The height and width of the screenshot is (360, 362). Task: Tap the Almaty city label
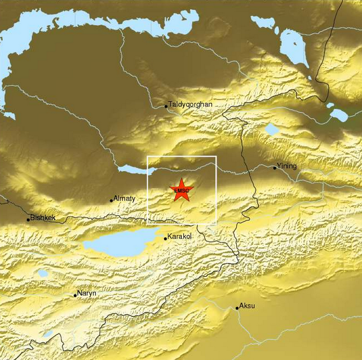[125, 198]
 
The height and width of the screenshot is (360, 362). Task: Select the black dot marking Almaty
[112, 201]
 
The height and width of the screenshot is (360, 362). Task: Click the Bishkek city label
[43, 218]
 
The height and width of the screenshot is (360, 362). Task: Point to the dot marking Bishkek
[29, 220]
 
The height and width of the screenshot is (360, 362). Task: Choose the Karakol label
[179, 237]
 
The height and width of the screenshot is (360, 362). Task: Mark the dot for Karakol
[165, 238]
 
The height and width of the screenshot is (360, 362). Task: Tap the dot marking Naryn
[76, 295]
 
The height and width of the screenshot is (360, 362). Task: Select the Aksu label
[248, 306]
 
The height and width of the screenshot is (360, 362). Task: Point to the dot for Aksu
[237, 308]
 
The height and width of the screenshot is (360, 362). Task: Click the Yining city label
[287, 166]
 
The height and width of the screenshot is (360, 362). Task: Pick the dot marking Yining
[275, 168]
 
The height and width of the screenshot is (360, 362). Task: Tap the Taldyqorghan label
[190, 105]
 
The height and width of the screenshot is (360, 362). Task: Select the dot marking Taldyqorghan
[166, 106]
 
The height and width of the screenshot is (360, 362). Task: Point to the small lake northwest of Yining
[272, 129]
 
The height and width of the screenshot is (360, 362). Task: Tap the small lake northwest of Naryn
[42, 273]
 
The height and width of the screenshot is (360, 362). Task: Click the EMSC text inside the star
[182, 190]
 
